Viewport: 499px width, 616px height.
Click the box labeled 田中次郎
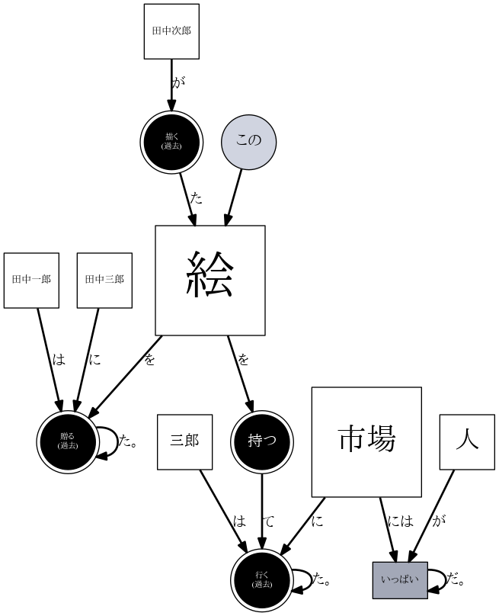pos(171,31)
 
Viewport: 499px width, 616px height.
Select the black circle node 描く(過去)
pos(171,141)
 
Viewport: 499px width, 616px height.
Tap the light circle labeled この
pos(248,141)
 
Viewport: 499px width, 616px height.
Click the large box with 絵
pos(210,281)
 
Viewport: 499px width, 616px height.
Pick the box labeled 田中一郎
pos(31,280)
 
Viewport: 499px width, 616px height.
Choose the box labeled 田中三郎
pos(104,280)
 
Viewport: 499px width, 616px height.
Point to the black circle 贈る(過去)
pos(68,441)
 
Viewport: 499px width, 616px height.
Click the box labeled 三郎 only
pos(184,441)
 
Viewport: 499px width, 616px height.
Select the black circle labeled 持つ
pos(262,441)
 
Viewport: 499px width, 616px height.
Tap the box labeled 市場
pos(366,442)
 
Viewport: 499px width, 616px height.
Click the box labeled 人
pos(467,441)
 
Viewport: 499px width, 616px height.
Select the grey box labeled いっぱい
pos(400,580)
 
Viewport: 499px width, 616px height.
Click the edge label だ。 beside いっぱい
pos(456,581)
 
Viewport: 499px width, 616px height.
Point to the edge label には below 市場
pos(400,521)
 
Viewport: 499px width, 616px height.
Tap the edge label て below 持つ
pos(269,521)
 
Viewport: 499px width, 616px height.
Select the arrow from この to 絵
pos(233,197)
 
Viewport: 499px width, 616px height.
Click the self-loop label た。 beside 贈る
pos(128,441)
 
